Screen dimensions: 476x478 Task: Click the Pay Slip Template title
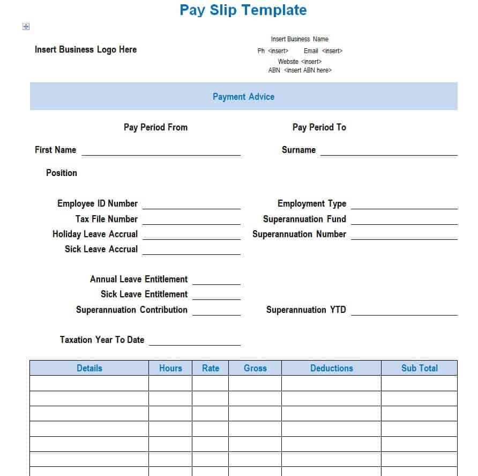[243, 10]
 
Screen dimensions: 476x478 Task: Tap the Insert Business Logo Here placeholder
[86, 49]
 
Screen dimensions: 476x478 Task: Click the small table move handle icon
[26, 27]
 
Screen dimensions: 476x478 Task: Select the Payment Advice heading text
[243, 97]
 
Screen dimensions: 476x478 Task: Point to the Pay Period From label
[155, 127]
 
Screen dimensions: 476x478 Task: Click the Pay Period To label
[319, 127]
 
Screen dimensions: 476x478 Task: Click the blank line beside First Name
[161, 151]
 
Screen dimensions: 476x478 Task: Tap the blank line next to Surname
[389, 151]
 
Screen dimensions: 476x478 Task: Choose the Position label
[62, 173]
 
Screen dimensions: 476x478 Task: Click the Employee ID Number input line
[191, 205]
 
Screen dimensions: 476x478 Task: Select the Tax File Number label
[107, 219]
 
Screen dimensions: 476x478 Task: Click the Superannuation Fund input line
[404, 221]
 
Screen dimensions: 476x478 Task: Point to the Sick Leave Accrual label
[101, 249]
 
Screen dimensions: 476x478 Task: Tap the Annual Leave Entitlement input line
[216, 281]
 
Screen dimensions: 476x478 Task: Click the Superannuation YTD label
[306, 310]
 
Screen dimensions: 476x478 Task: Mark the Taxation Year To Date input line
[195, 341]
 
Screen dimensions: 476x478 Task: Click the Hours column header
[170, 368]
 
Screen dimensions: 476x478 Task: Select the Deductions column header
[331, 368]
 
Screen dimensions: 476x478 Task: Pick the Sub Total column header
[419, 368]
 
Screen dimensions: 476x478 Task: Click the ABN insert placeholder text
[308, 70]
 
